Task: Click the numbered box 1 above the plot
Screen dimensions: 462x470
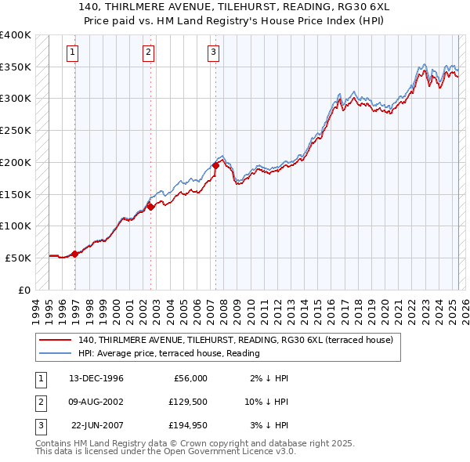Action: tap(72, 53)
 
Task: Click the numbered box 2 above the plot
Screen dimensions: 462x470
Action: tap(148, 53)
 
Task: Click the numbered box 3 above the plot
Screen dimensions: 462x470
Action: tap(213, 53)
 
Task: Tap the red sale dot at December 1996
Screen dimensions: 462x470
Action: tap(75, 253)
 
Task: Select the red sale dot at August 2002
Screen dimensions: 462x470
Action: tap(150, 207)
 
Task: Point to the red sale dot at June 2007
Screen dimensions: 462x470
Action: tap(215, 165)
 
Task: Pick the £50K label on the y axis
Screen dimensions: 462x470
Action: tap(18, 258)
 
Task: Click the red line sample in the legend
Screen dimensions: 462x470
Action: tap(55, 341)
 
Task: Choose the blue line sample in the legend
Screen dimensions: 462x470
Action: tap(55, 354)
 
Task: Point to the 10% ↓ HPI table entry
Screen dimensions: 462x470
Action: tap(266, 402)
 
